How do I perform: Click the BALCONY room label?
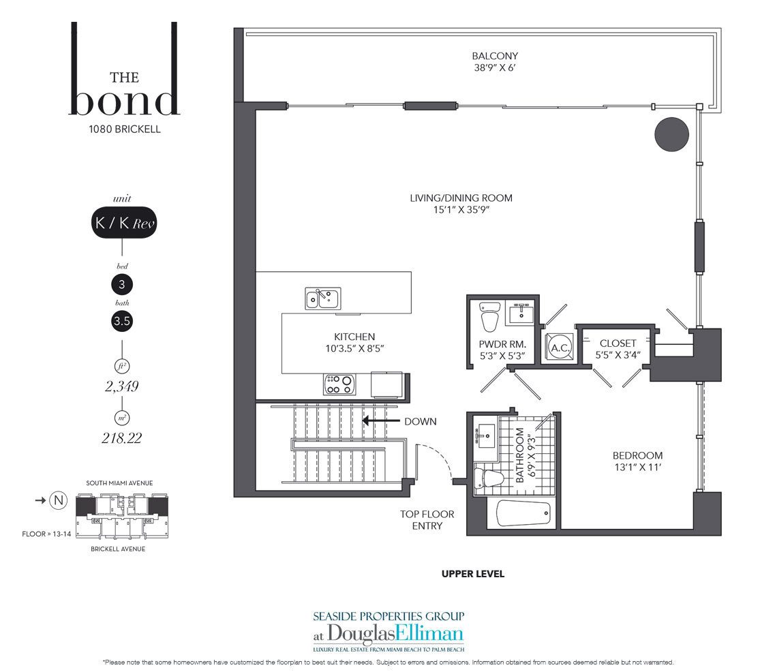coord(495,56)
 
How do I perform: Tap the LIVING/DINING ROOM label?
coord(461,198)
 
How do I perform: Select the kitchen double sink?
coord(322,299)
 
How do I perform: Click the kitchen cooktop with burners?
coord(339,384)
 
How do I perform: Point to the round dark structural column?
coord(671,134)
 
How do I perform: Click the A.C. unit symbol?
coord(560,348)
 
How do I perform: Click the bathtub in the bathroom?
coord(523,513)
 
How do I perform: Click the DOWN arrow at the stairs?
coord(380,421)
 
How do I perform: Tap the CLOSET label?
coord(618,343)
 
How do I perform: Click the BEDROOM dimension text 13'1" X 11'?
coord(638,467)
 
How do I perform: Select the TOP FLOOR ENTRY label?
coord(427,520)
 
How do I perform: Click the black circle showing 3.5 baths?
coord(122,321)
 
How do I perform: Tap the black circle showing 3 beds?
coord(122,284)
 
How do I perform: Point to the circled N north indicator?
coord(59,500)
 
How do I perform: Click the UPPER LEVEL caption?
coord(473,574)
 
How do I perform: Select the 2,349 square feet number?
coord(122,386)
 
